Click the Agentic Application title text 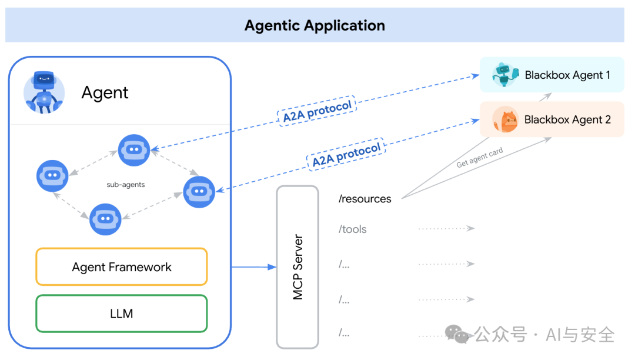click(x=315, y=26)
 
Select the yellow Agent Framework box click(x=122, y=267)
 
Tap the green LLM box click(x=122, y=314)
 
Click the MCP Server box click(x=298, y=267)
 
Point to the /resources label click(x=365, y=199)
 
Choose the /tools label click(x=353, y=229)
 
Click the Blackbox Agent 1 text click(x=567, y=75)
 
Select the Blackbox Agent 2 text click(x=567, y=120)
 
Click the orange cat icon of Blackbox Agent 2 click(x=505, y=119)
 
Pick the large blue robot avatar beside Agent click(x=44, y=92)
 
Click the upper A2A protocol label click(x=317, y=111)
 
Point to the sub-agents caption click(x=126, y=185)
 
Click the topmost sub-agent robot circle click(x=134, y=150)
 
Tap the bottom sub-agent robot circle click(x=105, y=219)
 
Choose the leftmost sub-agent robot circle click(x=52, y=175)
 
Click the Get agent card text click(x=479, y=158)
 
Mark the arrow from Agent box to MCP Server click(x=253, y=267)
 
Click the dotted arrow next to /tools click(x=446, y=228)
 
